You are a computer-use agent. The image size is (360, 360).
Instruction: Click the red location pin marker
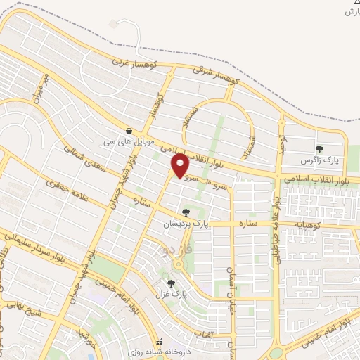pyautogui.click(x=180, y=165)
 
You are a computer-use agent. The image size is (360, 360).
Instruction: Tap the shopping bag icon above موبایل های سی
pyautogui.click(x=129, y=131)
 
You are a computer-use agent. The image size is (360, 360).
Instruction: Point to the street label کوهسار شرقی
pyautogui.click(x=217, y=77)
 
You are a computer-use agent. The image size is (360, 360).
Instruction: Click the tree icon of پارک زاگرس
pyautogui.click(x=320, y=149)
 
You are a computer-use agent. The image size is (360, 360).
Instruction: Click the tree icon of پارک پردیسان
pyautogui.click(x=186, y=212)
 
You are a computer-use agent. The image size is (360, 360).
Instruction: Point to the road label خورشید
pyautogui.click(x=85, y=340)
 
